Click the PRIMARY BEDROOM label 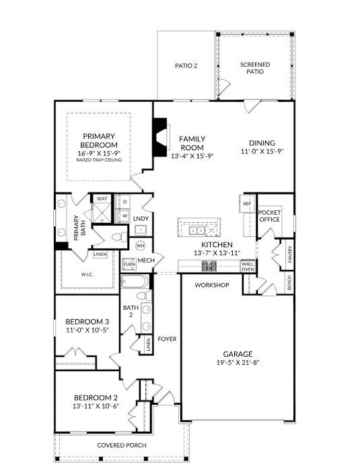[x=99, y=139]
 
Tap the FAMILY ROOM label [x=192, y=143]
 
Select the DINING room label [x=262, y=143]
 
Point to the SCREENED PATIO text [x=255, y=68]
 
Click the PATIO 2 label [x=186, y=66]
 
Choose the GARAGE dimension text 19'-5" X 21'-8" [x=238, y=362]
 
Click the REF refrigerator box [x=246, y=203]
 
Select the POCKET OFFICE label [x=269, y=215]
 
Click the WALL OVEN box [x=248, y=267]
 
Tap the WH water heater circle [x=141, y=246]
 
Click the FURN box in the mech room [x=129, y=264]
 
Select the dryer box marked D [x=124, y=201]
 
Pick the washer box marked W [x=124, y=215]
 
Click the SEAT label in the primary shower [x=102, y=199]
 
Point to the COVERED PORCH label [x=122, y=446]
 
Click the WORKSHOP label [x=212, y=286]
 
